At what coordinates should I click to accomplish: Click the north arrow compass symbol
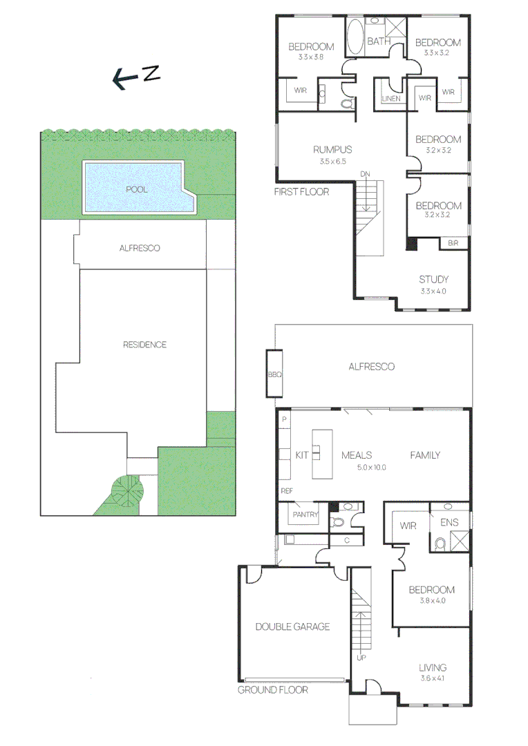[x=136, y=77]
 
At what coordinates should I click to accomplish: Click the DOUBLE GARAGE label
[x=292, y=627]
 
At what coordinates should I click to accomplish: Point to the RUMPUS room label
[x=332, y=149]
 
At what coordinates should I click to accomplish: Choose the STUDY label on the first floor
[x=433, y=280]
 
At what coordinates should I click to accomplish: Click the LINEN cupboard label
[x=390, y=99]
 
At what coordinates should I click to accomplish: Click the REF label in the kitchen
[x=285, y=491]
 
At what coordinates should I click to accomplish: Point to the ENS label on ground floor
[x=449, y=523]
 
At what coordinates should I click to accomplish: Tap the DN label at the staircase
[x=364, y=175]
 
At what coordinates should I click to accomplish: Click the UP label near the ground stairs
[x=361, y=657]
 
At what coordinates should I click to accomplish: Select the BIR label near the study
[x=453, y=243]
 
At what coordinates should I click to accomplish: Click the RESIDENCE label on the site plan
[x=144, y=345]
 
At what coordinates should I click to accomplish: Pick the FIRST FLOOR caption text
[x=301, y=191]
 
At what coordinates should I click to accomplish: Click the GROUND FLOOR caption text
[x=272, y=689]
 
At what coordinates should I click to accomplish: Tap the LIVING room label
[x=433, y=667]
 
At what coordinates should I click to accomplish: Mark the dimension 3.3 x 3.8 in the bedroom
[x=311, y=57]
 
